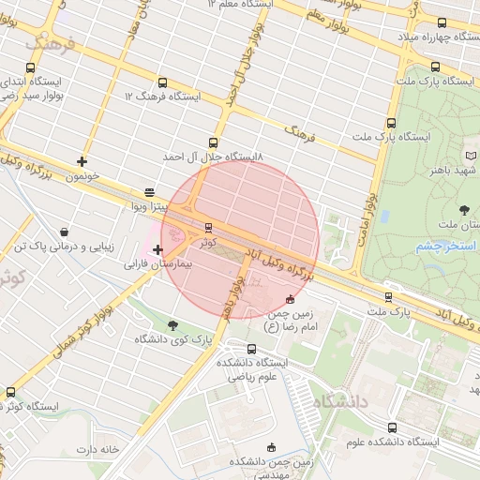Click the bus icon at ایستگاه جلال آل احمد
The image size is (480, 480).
point(213,143)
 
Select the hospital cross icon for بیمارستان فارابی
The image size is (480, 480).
point(157,249)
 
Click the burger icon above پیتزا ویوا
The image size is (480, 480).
point(149,189)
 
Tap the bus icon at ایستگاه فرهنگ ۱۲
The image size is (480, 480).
point(164,82)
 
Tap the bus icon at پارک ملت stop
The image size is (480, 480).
point(388,296)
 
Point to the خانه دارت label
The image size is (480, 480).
point(98,449)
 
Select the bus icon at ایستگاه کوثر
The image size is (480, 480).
point(10,392)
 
